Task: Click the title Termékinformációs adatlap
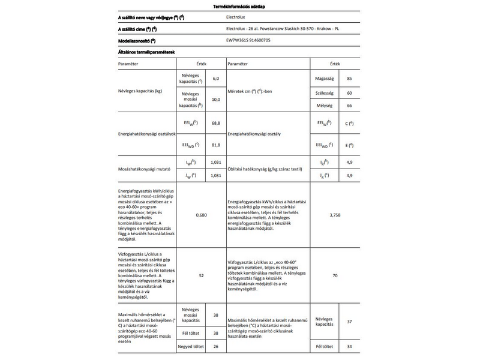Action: tap(239, 6)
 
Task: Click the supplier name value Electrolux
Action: tap(240, 18)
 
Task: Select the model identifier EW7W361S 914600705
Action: tap(253, 41)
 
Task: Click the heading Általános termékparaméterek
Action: tap(146, 52)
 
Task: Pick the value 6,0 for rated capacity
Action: tap(216, 79)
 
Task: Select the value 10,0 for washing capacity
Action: tap(216, 99)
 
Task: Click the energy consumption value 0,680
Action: tap(202, 215)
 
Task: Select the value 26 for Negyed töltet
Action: tap(216, 346)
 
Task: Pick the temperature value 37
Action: tap(349, 322)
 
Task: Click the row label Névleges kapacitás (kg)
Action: tap(142, 90)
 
